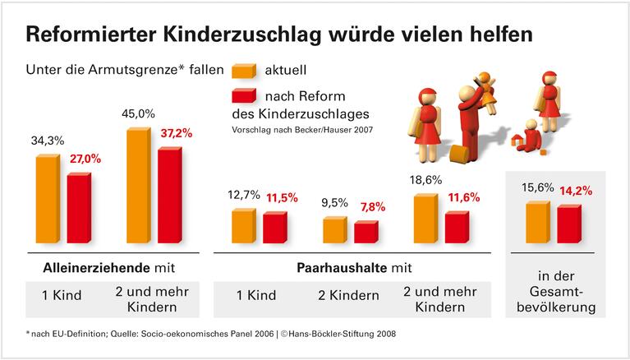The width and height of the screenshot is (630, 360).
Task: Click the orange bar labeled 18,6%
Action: (425, 219)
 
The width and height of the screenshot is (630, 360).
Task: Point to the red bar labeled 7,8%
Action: (366, 232)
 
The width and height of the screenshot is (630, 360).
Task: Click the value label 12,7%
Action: (243, 196)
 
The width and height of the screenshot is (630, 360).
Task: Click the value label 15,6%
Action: (537, 189)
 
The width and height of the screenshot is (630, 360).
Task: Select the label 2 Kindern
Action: (349, 295)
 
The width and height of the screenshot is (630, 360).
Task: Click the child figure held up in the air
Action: (487, 84)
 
